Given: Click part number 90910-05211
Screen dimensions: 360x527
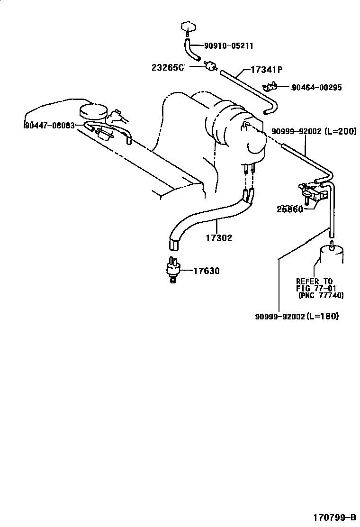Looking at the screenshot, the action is tap(228, 45).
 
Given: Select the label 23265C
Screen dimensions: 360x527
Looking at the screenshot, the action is tap(168, 67).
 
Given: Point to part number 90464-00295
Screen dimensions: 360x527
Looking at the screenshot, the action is tap(317, 87).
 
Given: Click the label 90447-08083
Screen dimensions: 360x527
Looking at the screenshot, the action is tap(50, 126).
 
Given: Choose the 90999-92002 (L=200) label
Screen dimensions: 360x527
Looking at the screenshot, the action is tap(314, 131).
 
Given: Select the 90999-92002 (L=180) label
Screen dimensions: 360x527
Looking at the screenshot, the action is tap(297, 316).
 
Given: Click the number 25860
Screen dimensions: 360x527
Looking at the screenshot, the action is tap(290, 209).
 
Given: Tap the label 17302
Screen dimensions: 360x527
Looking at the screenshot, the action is tap(219, 238).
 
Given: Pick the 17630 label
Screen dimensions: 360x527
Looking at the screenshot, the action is tap(207, 271).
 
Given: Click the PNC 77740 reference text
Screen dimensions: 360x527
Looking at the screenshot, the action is tap(321, 295).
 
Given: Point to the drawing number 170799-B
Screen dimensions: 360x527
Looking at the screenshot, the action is tap(334, 517).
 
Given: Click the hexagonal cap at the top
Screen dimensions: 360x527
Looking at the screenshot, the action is tap(189, 27).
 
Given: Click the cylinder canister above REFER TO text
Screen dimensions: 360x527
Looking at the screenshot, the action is tap(332, 254).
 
